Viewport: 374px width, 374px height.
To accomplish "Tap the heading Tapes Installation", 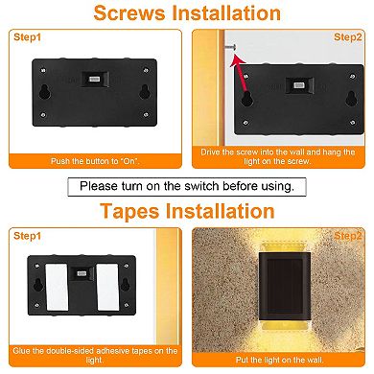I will [186, 211].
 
